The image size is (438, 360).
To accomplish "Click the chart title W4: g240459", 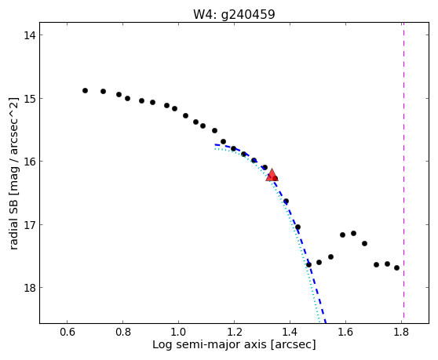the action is tap(234, 14).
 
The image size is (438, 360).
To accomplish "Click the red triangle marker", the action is tap(272, 175).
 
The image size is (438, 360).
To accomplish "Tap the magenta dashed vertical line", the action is tap(403, 170).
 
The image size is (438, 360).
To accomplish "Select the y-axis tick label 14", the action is tap(30, 35).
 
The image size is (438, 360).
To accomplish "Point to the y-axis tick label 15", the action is tap(30, 99).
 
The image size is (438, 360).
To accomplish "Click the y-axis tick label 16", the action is tap(30, 162).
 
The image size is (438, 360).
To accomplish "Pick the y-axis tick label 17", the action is tap(30, 224).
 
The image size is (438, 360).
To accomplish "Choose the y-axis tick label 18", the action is tap(30, 287).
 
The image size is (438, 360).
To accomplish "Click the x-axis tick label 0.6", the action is tap(67, 332).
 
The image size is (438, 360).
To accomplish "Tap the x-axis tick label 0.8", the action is tap(123, 332).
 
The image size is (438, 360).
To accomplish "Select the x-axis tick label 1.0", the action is tap(178, 332).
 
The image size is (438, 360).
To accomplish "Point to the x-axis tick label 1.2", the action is tap(234, 332).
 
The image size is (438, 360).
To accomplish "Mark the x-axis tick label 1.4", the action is tap(290, 332).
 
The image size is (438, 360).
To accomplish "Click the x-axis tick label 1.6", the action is tap(345, 332).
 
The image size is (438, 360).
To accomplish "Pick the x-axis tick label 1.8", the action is tap(401, 332).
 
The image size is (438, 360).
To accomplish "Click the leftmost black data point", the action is tap(86, 90).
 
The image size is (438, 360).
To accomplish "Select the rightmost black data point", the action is tap(396, 268).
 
